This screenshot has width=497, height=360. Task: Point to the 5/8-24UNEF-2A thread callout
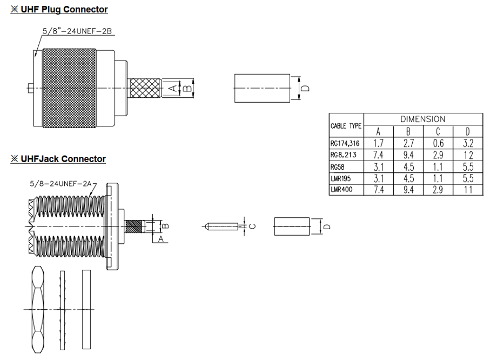64,184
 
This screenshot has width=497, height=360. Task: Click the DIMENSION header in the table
423,119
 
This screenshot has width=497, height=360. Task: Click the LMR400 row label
341,190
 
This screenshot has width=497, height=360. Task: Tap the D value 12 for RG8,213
468,155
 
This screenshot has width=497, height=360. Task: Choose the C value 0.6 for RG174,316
438,143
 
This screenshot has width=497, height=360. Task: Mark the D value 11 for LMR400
468,190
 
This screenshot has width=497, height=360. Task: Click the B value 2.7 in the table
408,143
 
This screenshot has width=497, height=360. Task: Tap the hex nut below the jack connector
38,308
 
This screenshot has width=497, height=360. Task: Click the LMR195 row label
341,178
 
